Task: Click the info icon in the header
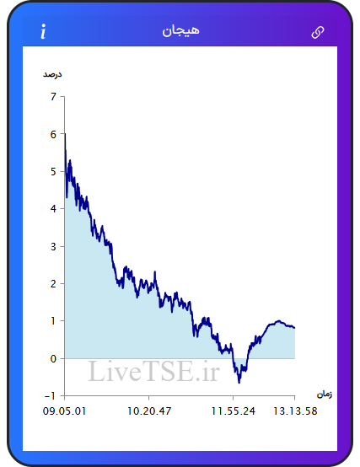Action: (44, 31)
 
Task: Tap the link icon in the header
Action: (318, 32)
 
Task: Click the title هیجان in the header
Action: (180, 31)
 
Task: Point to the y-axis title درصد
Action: (52, 74)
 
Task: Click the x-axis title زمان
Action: (325, 395)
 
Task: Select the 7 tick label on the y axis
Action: (53, 96)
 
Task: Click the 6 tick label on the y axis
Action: (53, 134)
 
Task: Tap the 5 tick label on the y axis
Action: (53, 172)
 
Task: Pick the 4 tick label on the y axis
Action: (53, 209)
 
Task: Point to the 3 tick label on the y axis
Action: (53, 246)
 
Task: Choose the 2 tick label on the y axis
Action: (53, 284)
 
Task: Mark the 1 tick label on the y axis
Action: (53, 321)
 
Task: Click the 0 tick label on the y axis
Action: (53, 358)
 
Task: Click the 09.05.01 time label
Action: (64, 411)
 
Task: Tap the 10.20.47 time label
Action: (149, 411)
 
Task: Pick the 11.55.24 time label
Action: (234, 411)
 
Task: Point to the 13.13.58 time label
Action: (295, 411)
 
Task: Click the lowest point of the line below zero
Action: (239, 383)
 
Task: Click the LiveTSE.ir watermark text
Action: (154, 371)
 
